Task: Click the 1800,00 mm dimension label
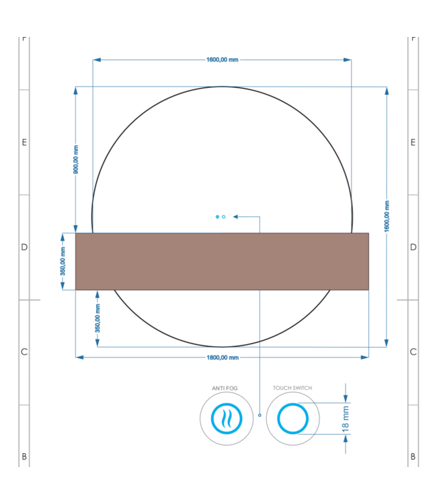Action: coord(222,358)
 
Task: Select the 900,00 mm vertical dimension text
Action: coord(76,160)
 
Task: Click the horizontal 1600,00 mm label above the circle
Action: coord(222,60)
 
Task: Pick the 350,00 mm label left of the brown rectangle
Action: coord(63,262)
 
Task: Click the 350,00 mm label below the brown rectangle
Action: coord(97,319)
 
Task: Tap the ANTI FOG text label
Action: coord(225,388)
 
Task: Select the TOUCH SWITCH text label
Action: coord(292,388)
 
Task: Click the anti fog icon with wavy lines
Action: coord(225,419)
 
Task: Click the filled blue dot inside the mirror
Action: coord(217,216)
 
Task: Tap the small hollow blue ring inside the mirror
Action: coord(224,216)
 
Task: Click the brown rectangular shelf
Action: coord(222,261)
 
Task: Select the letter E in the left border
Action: coord(24,142)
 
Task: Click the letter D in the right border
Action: coord(413,247)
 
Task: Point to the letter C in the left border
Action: coord(24,352)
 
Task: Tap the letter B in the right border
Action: coord(413,457)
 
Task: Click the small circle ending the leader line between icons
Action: coord(260,416)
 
